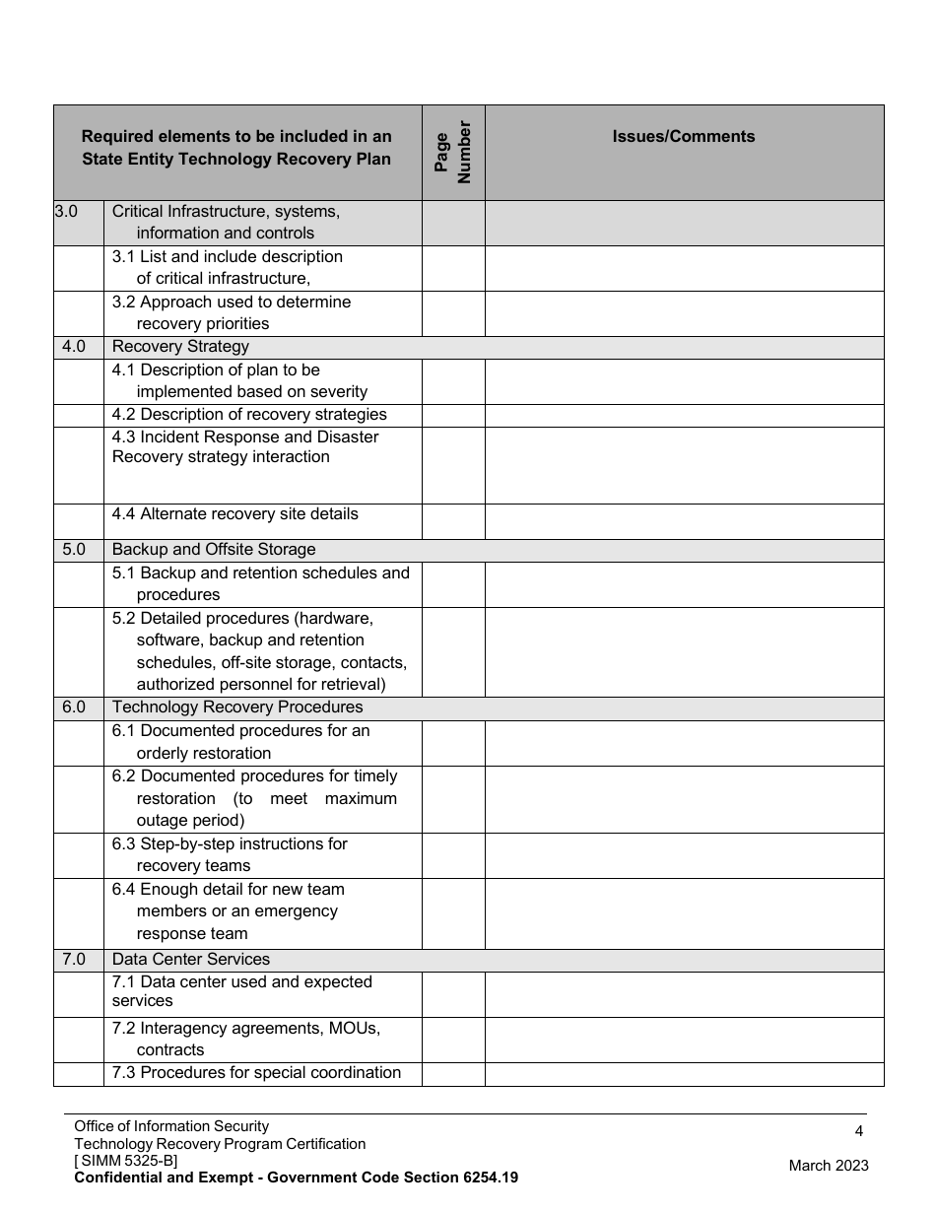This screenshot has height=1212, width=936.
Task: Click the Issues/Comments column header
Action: click(684, 137)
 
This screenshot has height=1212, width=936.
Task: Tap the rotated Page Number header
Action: click(453, 153)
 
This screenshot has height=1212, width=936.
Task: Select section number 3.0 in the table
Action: click(66, 211)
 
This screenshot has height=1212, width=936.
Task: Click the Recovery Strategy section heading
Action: click(180, 347)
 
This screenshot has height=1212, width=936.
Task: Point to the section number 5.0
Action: click(74, 550)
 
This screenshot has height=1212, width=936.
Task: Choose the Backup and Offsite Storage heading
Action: click(214, 550)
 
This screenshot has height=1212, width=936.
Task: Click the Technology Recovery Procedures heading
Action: click(237, 707)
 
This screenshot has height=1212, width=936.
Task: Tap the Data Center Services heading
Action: click(191, 960)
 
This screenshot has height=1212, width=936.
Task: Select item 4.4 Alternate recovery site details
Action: click(235, 514)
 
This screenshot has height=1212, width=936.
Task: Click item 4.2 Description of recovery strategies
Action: click(249, 415)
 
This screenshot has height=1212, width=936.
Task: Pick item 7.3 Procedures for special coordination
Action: click(256, 1073)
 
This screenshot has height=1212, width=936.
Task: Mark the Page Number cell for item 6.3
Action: click(453, 855)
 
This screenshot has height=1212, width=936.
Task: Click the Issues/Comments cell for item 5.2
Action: click(684, 652)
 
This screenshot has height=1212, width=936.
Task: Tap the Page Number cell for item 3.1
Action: click(453, 268)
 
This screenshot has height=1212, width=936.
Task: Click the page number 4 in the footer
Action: click(859, 1131)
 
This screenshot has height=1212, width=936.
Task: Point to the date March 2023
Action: click(829, 1166)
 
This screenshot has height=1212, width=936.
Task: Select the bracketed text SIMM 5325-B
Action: click(126, 1161)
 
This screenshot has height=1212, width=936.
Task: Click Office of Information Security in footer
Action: click(171, 1126)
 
